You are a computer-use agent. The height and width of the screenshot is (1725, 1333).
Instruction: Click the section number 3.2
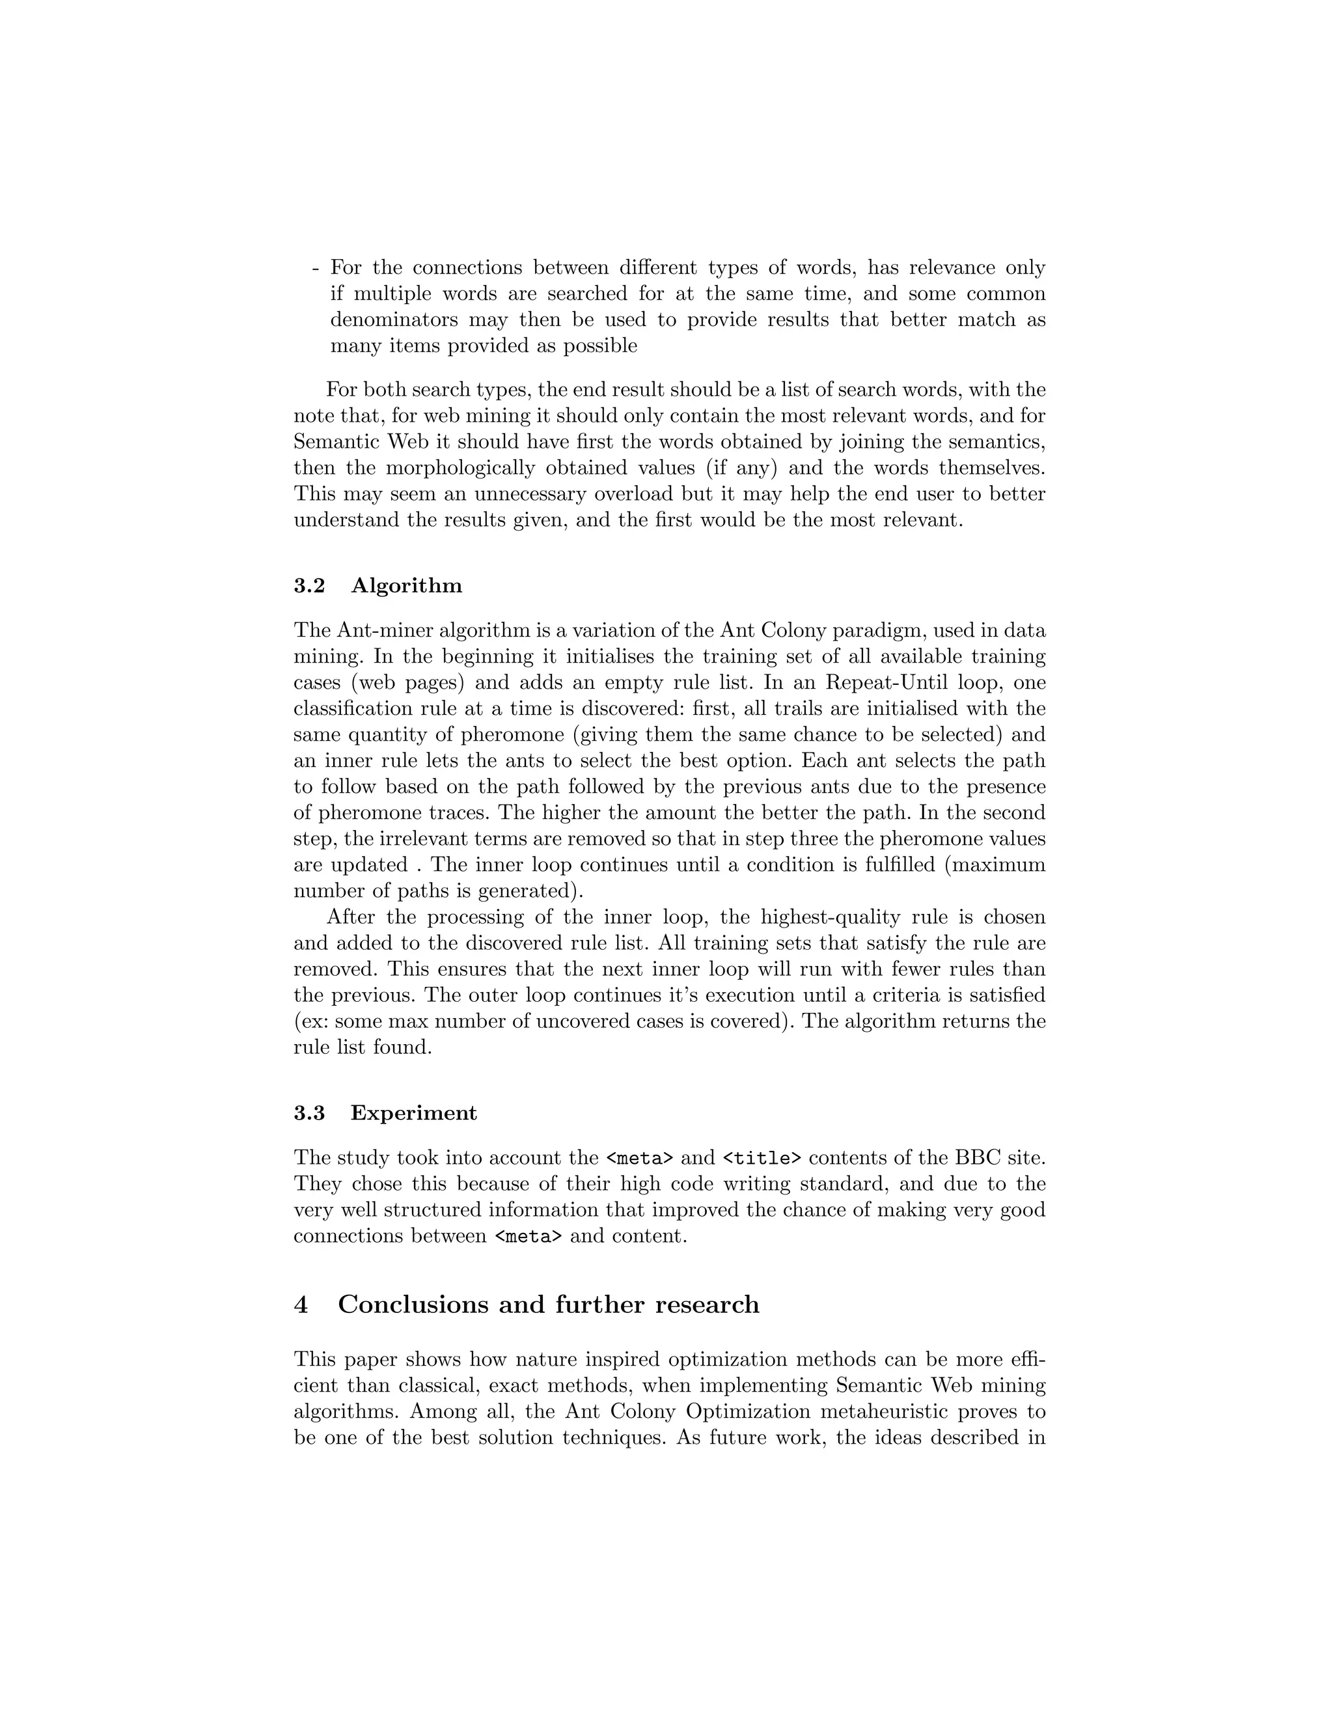pos(309,586)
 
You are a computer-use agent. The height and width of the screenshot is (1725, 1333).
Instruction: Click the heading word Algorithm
pos(406,586)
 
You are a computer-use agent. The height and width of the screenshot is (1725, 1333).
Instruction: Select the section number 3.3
pos(309,1113)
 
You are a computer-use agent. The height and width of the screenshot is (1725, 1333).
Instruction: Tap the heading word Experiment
pos(414,1113)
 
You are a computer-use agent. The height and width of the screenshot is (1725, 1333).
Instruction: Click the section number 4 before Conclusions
pos(300,1304)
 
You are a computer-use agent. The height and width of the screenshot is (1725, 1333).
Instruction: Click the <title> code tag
pos(762,1159)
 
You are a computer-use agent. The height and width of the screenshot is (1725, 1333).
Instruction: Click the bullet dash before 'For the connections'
pos(315,268)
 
